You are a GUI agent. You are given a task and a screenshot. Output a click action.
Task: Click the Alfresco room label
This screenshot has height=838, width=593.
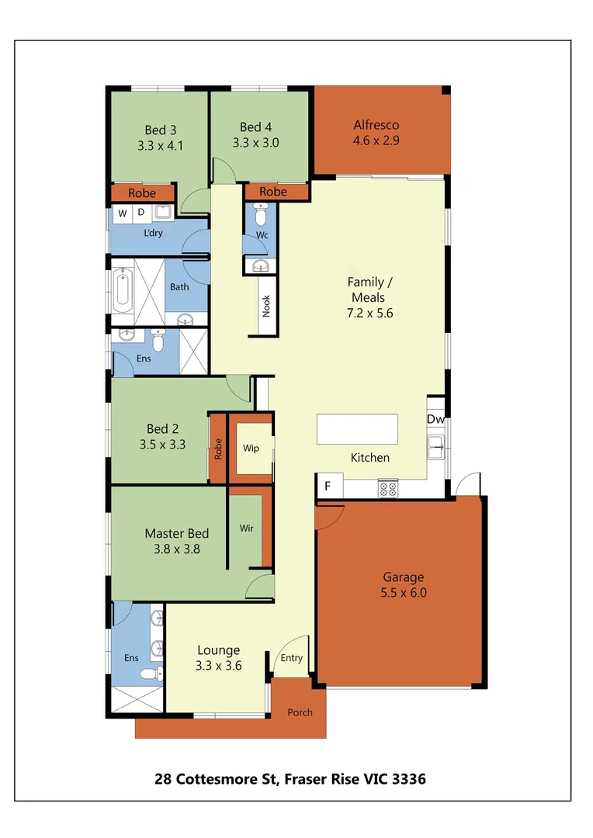tap(376, 125)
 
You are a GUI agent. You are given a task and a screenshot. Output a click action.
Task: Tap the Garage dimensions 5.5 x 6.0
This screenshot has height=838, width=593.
tap(404, 593)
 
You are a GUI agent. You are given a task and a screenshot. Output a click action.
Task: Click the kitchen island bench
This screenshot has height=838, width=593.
tap(357, 428)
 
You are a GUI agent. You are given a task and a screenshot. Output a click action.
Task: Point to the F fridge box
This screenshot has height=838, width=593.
tap(328, 487)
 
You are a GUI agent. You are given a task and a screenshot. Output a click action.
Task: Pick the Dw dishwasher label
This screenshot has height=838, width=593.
tap(435, 420)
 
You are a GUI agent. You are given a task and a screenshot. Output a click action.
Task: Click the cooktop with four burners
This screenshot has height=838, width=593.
tap(387, 489)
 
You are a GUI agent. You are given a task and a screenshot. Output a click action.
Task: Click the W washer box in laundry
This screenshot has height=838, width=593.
tap(123, 213)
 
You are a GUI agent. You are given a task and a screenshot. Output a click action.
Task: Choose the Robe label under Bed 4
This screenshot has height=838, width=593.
tap(272, 192)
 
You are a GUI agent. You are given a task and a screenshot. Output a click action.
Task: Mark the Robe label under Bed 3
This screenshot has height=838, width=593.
tap(141, 193)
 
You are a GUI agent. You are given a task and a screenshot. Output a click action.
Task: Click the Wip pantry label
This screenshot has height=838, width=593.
tap(251, 448)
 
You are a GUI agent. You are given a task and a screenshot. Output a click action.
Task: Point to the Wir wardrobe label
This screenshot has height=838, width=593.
tap(246, 528)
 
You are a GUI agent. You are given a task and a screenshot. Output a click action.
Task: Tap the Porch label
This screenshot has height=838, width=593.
tap(300, 712)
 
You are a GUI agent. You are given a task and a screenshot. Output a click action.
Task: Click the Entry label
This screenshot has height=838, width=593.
tap(292, 658)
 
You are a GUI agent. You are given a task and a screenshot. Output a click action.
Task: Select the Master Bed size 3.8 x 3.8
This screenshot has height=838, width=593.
tap(176, 549)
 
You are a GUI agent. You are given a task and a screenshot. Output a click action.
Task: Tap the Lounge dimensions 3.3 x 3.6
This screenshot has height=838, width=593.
tap(218, 665)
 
